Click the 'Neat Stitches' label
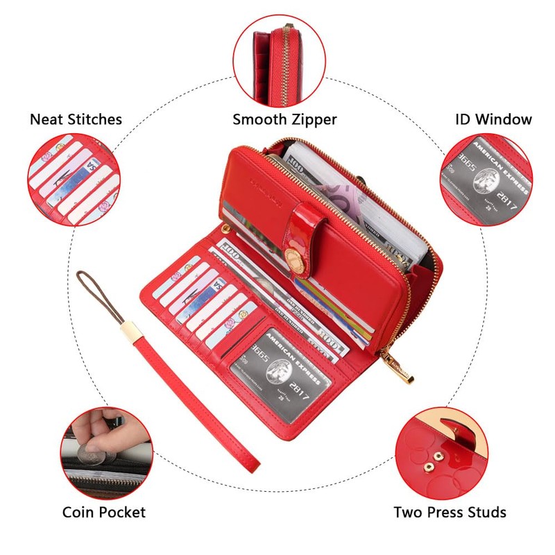click(x=76, y=119)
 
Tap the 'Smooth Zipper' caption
click(x=284, y=119)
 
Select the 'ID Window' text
click(x=493, y=119)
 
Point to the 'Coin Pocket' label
click(x=104, y=513)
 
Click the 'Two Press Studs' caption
click(x=450, y=513)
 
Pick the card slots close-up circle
click(x=72, y=180)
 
